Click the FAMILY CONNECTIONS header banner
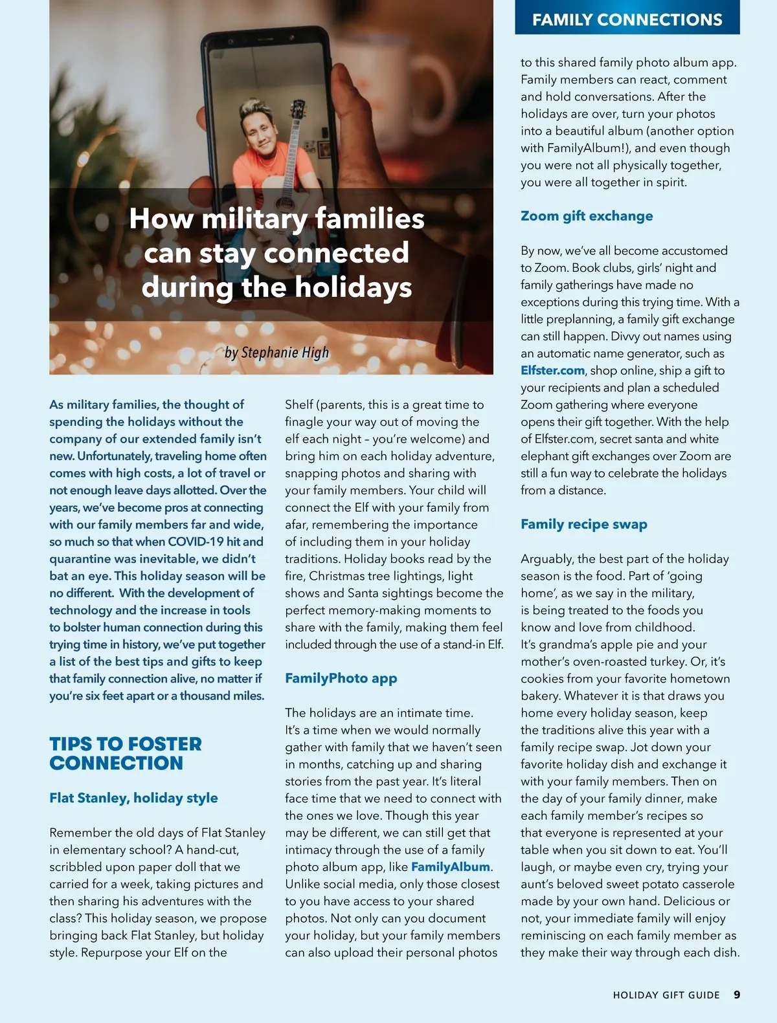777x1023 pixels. coord(627,19)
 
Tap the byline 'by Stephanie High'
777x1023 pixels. coord(276,353)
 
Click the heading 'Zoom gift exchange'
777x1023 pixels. coord(587,216)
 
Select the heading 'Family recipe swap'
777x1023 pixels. coord(583,524)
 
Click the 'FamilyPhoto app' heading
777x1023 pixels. coord(341,678)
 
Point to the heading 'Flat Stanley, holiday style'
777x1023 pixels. coord(133,798)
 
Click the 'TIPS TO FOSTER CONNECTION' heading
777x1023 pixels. coord(126,753)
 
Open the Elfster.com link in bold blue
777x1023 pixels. coord(552,371)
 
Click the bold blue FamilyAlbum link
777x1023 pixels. coord(450,867)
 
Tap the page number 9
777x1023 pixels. coord(737,995)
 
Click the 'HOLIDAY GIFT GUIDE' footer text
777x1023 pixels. coord(666,995)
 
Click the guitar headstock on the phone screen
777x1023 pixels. coord(298,109)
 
